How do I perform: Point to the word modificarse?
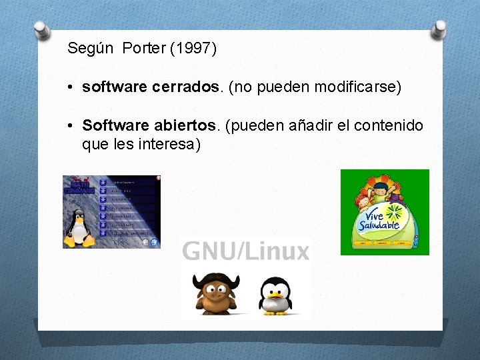(x=361, y=87)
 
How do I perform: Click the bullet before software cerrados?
(x=71, y=88)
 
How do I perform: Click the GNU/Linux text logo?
(x=245, y=251)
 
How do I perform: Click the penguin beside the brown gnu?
(x=275, y=295)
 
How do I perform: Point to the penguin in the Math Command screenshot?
(x=79, y=227)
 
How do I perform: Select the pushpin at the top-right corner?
(x=440, y=29)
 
